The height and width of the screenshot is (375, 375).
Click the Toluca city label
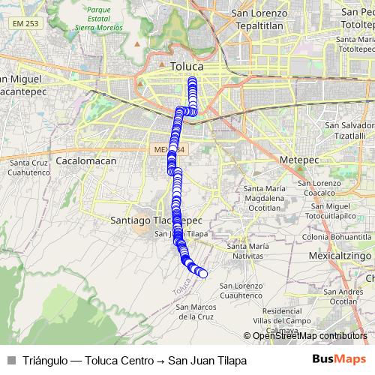point(187,66)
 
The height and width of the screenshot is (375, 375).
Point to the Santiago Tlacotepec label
point(156,221)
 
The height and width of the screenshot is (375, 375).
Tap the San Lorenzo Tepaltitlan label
point(259,19)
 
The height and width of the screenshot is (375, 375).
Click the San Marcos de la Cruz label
point(196,311)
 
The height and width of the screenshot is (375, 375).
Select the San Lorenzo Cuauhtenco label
point(241,291)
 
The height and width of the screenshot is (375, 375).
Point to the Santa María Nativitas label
point(247,251)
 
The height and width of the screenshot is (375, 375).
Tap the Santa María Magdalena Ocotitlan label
point(265,197)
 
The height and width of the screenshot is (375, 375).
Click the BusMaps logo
point(338,360)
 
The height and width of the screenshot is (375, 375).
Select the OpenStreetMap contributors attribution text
point(310,336)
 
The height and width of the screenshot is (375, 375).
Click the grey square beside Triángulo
point(11,361)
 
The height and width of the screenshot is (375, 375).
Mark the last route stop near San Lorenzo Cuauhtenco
point(202,274)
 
